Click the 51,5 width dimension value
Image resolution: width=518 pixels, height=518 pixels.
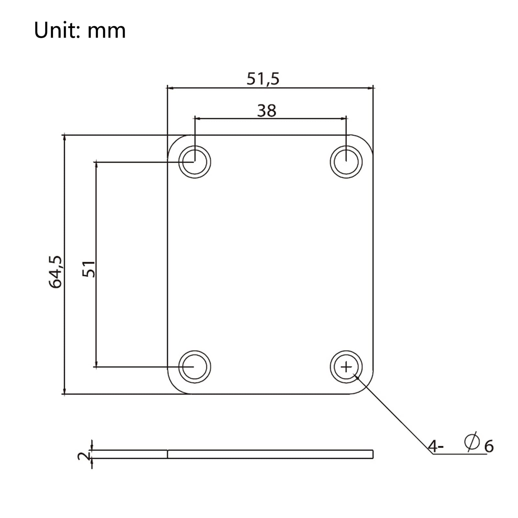click(263, 79)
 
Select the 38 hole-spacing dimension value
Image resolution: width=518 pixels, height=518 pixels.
click(267, 111)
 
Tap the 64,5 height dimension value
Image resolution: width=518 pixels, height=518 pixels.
click(56, 272)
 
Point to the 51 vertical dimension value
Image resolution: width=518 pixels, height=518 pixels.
click(89, 269)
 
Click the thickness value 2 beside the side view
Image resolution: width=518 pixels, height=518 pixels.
click(84, 456)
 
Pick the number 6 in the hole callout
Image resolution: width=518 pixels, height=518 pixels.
click(489, 446)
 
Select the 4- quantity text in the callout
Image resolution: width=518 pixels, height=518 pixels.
click(435, 446)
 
